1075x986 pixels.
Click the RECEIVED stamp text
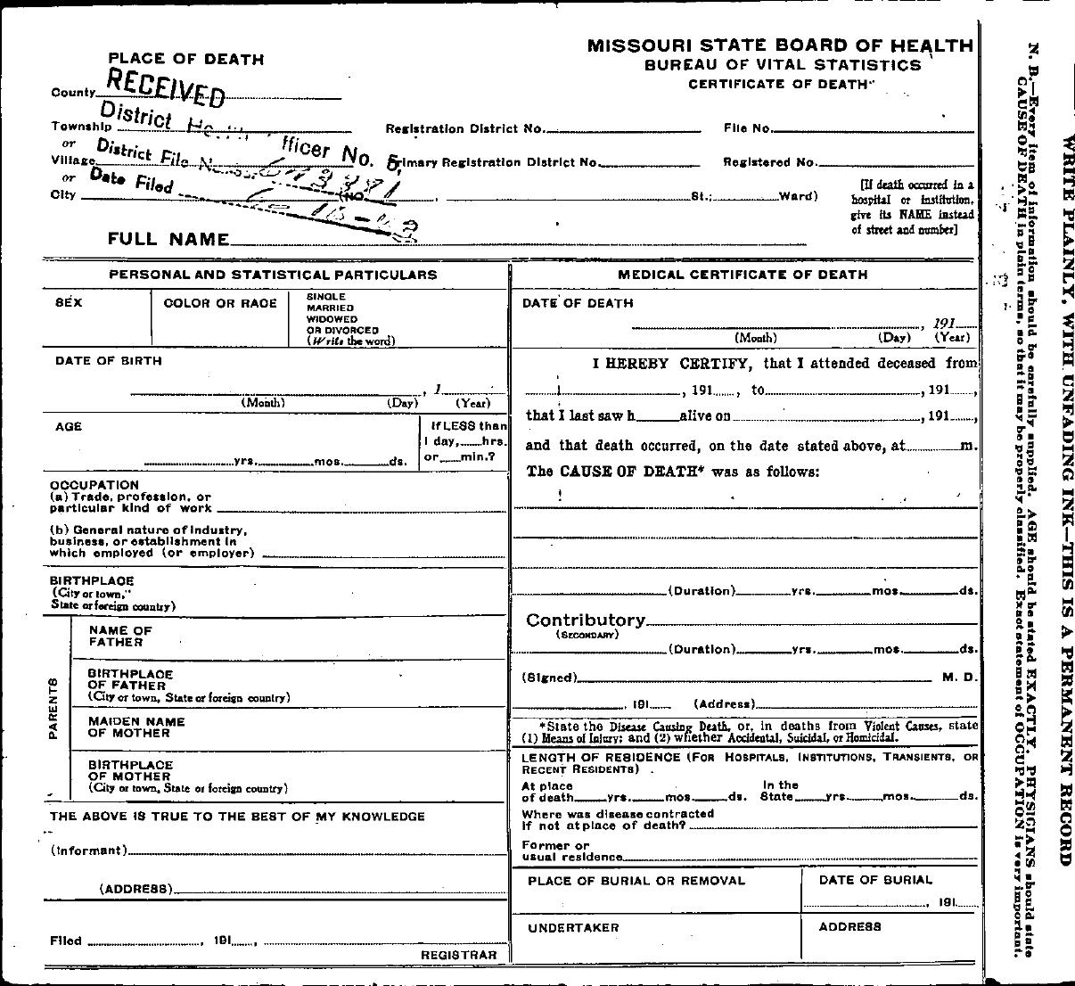(165, 85)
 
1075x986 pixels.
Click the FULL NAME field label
(168, 239)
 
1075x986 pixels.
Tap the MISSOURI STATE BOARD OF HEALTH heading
(779, 45)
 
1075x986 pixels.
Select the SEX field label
(69, 303)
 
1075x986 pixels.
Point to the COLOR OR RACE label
(220, 303)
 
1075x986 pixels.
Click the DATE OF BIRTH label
(109, 361)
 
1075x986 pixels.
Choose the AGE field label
(69, 427)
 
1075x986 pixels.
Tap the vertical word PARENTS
(53, 709)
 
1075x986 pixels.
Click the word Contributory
(585, 620)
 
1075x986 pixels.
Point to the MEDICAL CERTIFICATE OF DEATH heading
(743, 275)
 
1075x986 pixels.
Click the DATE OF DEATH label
(578, 303)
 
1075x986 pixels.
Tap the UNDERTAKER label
(573, 928)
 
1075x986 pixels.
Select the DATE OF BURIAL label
(875, 880)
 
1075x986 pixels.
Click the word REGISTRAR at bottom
(458, 955)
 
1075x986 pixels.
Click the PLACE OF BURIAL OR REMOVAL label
(636, 881)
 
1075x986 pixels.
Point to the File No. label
(747, 128)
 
